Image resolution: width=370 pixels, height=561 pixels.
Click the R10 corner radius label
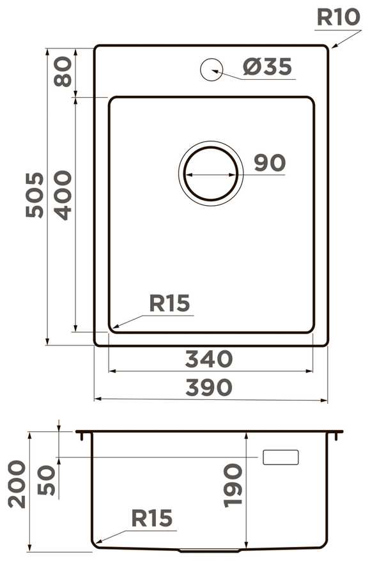pyautogui.click(x=338, y=17)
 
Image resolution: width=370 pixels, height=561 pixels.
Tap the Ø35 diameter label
pyautogui.click(x=268, y=66)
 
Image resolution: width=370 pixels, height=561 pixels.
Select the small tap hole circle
pyautogui.click(x=212, y=69)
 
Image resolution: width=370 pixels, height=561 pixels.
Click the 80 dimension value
pyautogui.click(x=63, y=72)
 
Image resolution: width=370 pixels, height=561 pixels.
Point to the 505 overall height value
pyautogui.click(x=35, y=195)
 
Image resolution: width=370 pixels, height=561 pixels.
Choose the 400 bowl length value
pyautogui.click(x=63, y=195)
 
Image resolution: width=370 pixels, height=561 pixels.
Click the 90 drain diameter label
pyautogui.click(x=270, y=163)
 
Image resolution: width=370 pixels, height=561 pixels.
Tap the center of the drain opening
pyautogui.click(x=211, y=174)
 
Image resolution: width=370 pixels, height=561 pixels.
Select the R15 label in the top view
pyautogui.click(x=169, y=303)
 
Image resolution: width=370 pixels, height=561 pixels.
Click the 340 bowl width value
pyautogui.click(x=209, y=359)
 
